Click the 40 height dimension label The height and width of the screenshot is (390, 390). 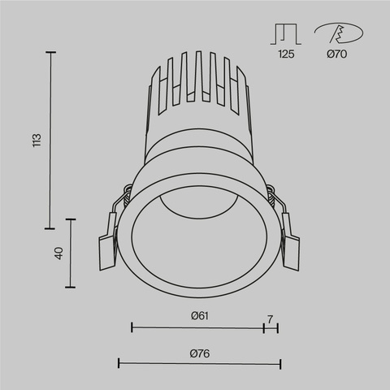[58, 253]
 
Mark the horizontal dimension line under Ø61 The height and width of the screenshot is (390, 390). [197, 327]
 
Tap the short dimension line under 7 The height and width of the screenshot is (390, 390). [271, 327]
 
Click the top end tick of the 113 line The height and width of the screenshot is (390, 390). [52, 52]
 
